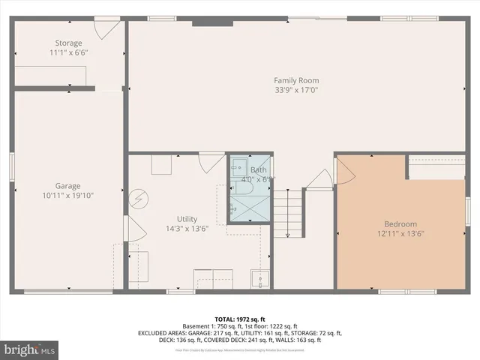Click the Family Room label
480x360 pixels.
tap(296, 80)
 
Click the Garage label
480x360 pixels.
tap(67, 186)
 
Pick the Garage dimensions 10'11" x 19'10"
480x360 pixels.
tap(67, 196)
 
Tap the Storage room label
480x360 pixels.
tap(67, 43)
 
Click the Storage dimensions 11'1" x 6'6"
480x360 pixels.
tap(67, 53)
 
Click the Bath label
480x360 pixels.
tap(258, 170)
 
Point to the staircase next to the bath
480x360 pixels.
tap(288, 213)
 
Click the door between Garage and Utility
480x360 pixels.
tap(132, 229)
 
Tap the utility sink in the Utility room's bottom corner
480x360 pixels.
tap(259, 279)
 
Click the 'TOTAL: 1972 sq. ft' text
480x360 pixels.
tap(239, 318)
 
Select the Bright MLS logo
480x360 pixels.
tap(30, 349)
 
